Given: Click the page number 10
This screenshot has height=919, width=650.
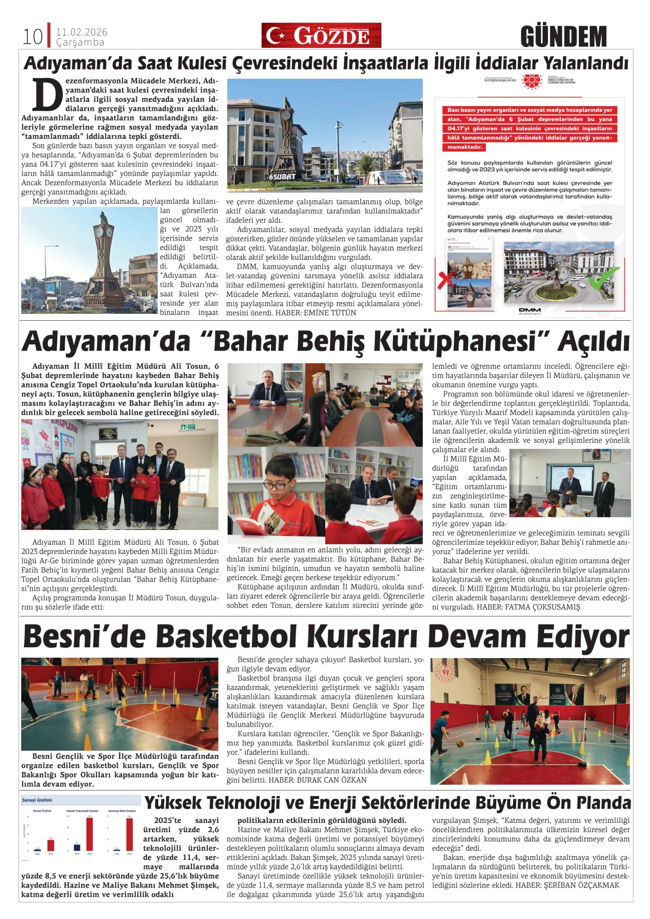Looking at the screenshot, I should tap(32, 37).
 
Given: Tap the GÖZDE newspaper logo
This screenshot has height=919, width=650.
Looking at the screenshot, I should tap(321, 36).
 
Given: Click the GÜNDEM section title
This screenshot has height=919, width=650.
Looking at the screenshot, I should tap(563, 37).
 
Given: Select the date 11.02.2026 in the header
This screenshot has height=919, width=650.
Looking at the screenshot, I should tap(82, 32).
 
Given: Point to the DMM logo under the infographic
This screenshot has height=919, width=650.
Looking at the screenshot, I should tap(530, 310).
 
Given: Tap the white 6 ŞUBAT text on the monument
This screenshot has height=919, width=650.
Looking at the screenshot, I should tap(282, 176).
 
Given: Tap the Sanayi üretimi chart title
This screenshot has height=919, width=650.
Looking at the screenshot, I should tap(37, 800).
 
